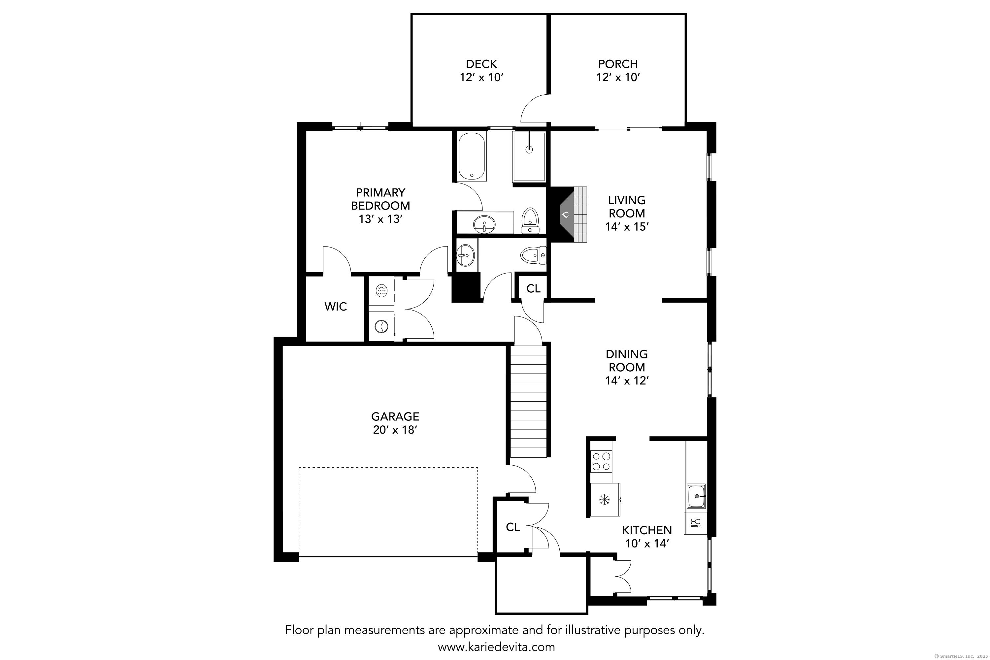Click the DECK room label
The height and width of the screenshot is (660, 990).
click(x=481, y=64)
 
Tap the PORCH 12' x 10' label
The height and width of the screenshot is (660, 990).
click(x=617, y=71)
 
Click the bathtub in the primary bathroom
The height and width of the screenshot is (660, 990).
click(x=472, y=156)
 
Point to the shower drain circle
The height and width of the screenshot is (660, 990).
click(x=529, y=149)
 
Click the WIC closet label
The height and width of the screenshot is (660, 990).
click(x=336, y=307)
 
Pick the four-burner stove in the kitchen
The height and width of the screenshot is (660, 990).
click(x=601, y=461)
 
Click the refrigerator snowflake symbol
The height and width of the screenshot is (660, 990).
click(x=605, y=500)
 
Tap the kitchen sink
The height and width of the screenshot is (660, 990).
click(x=697, y=496)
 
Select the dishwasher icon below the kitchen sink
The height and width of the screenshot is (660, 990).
click(x=695, y=523)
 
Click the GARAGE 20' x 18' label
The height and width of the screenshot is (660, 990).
click(x=395, y=423)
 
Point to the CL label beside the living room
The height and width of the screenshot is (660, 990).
click(x=533, y=288)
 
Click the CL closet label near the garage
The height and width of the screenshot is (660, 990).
click(x=513, y=527)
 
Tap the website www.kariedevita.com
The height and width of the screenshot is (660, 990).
click(x=496, y=647)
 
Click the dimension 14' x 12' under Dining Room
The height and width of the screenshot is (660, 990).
click(x=626, y=380)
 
